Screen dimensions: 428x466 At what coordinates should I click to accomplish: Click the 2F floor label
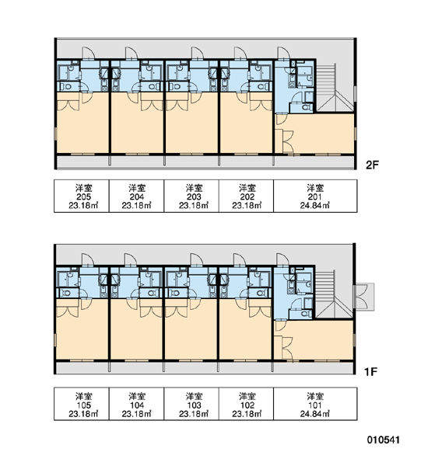tap(372, 165)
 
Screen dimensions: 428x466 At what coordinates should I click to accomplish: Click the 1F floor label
tap(371, 371)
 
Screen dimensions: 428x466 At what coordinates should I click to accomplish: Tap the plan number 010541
tap(384, 440)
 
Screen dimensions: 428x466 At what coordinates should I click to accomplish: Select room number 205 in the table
tap(84, 196)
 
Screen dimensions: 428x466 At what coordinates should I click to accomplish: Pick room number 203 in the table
tap(194, 196)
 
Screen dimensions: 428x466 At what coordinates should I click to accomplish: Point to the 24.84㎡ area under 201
tap(315, 205)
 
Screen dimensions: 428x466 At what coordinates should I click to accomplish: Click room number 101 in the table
tap(315, 405)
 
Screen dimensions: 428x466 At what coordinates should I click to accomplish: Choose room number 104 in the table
tap(137, 405)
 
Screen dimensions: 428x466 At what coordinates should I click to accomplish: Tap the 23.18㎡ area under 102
tap(247, 414)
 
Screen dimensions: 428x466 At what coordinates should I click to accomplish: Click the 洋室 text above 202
tap(247, 188)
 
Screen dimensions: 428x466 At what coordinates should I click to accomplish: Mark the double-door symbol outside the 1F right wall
tap(364, 297)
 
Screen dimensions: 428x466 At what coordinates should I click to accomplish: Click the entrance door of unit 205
tap(88, 53)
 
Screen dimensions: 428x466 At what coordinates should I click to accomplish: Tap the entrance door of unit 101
tap(282, 259)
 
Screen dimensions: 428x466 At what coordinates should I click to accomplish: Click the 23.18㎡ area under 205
tap(84, 205)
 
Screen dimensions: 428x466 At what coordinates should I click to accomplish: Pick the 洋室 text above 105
tap(84, 396)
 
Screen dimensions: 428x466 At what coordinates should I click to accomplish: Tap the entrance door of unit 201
tap(283, 53)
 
